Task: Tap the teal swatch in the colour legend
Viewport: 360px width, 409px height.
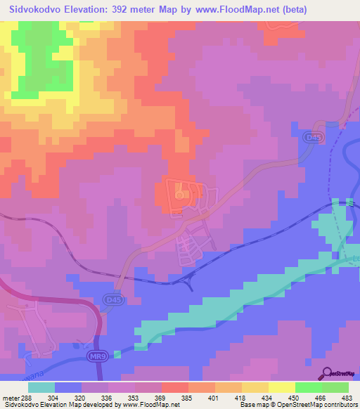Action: tap(41, 387)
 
